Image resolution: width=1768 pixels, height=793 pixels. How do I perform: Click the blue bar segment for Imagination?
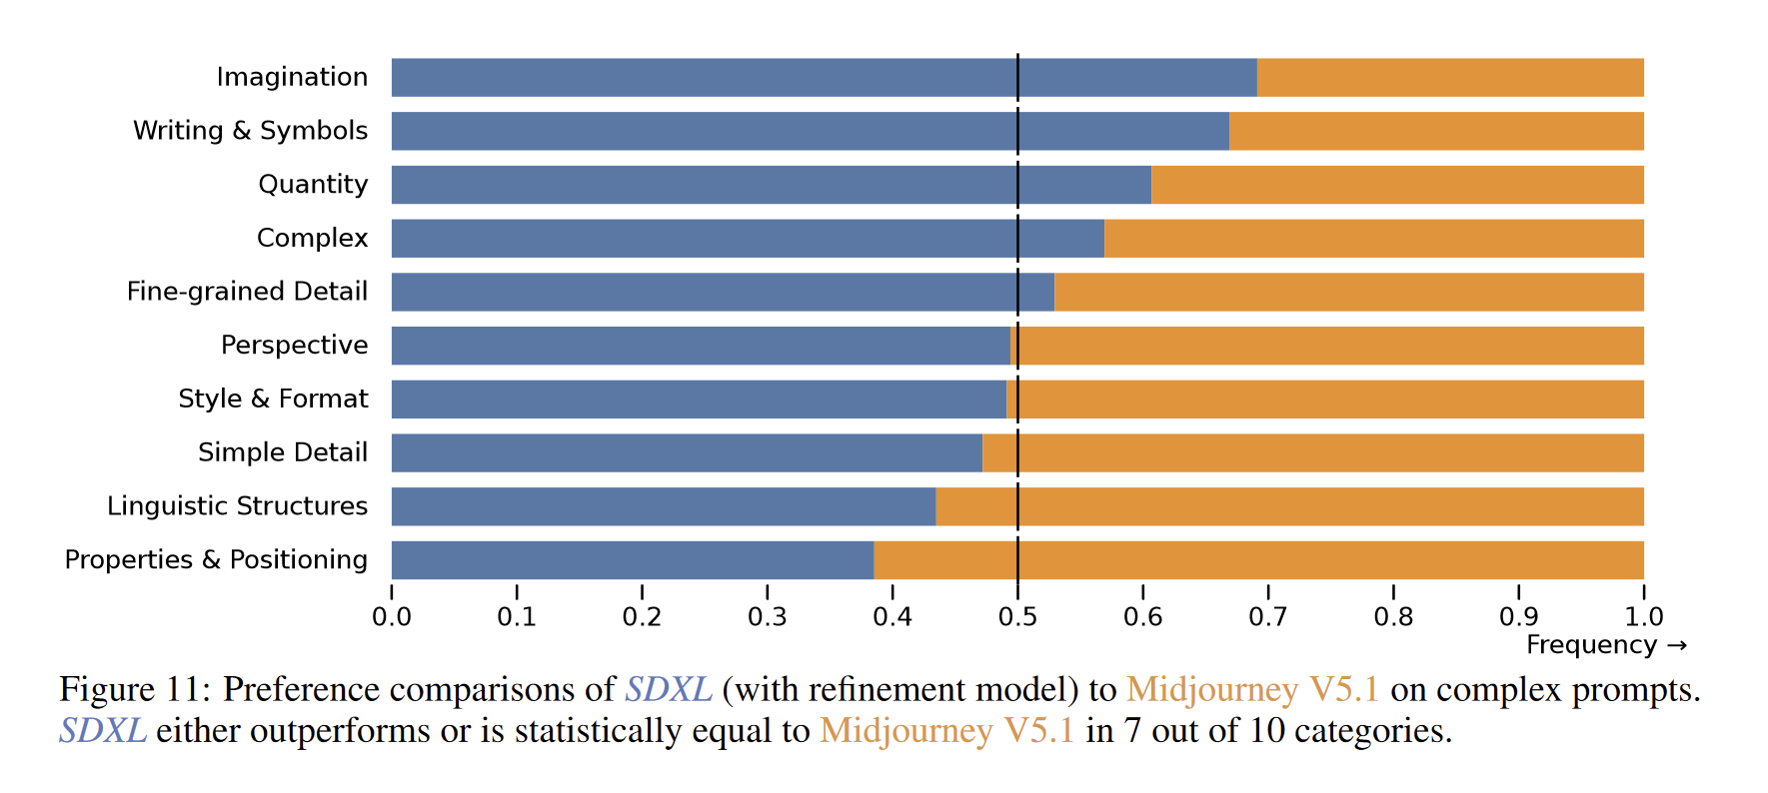coord(824,77)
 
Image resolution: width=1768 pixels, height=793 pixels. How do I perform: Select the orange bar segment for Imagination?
coord(1449,77)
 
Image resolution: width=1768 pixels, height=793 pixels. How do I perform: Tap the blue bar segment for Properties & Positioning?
coord(632,560)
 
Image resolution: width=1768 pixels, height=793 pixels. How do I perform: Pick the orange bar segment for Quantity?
coord(1397,185)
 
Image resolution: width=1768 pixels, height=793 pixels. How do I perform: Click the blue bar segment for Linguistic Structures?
coord(663,506)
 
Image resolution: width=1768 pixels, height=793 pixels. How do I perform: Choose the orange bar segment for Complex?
coord(1373,239)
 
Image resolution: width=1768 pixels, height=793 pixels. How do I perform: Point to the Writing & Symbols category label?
coord(250,131)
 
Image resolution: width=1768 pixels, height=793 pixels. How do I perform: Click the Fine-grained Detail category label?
coord(247,292)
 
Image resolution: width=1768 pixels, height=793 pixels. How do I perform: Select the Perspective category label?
coord(294,346)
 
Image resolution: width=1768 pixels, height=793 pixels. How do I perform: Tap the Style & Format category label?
coord(273,399)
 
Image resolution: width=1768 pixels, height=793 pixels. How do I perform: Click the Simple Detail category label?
coord(283,452)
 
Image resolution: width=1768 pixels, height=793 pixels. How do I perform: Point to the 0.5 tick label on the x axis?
coord(1017,617)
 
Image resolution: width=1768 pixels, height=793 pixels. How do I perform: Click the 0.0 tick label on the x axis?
coord(392,617)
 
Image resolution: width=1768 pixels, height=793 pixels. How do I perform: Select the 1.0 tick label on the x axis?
coord(1643,617)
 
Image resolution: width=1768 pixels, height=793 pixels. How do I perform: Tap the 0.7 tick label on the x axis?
coord(1268,617)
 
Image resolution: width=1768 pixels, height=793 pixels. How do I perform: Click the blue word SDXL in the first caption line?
coord(668,689)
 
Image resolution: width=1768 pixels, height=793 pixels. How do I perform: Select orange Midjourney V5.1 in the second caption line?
coord(946,731)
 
